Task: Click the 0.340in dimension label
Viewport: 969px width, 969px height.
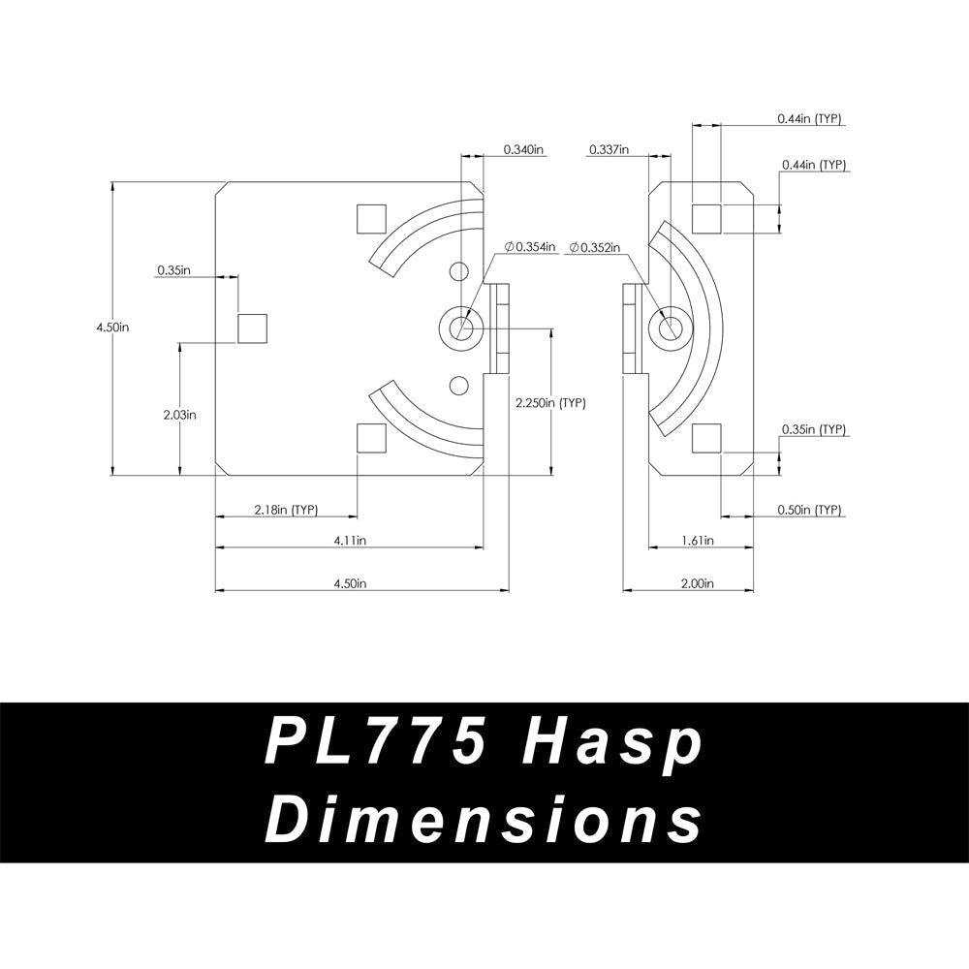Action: (524, 150)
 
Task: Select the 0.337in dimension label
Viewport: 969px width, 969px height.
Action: (609, 150)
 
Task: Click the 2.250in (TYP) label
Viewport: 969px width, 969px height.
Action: (549, 403)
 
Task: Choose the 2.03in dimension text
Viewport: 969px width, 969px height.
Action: (180, 414)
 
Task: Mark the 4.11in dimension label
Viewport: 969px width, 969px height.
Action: (350, 541)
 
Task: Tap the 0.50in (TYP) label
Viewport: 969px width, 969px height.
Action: (809, 510)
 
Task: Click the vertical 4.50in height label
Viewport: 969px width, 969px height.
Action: (113, 328)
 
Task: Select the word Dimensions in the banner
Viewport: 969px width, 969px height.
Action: (484, 822)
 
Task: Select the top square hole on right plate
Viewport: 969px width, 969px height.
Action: (706, 218)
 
